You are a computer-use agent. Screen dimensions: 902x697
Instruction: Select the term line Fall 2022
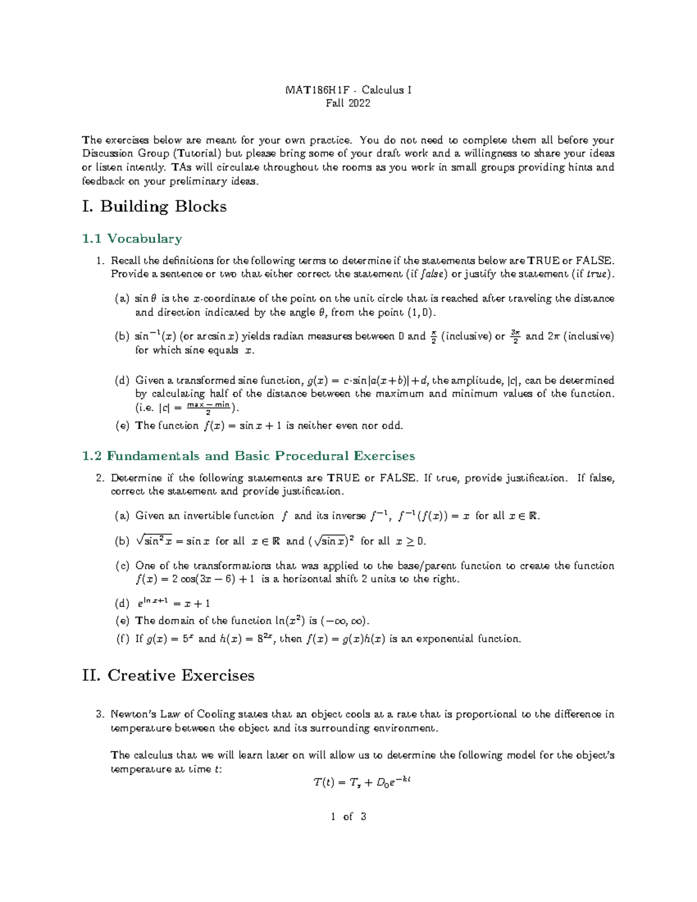[x=348, y=103]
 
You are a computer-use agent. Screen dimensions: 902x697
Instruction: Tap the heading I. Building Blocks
[x=155, y=207]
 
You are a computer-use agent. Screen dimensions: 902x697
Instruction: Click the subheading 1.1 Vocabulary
[x=132, y=239]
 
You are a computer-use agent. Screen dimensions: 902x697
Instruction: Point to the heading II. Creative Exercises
[x=168, y=675]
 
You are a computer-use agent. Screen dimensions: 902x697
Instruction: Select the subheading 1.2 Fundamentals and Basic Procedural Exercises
[x=249, y=456]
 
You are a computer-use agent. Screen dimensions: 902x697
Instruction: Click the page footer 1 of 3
[x=348, y=817]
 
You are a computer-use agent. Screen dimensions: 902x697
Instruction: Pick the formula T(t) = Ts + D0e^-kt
[x=362, y=783]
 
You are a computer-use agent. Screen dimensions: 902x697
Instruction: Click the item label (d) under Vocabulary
[x=122, y=381]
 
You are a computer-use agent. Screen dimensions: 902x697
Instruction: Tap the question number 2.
[x=99, y=479]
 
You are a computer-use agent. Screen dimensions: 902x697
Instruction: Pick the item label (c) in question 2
[x=122, y=566]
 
